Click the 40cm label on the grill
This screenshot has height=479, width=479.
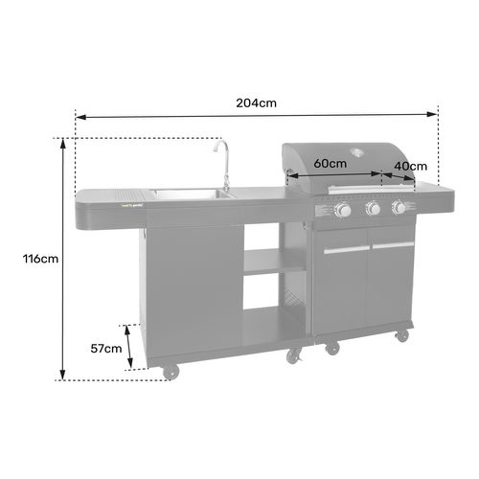411,166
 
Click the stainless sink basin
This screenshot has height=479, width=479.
187,195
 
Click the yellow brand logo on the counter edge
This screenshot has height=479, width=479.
131,201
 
